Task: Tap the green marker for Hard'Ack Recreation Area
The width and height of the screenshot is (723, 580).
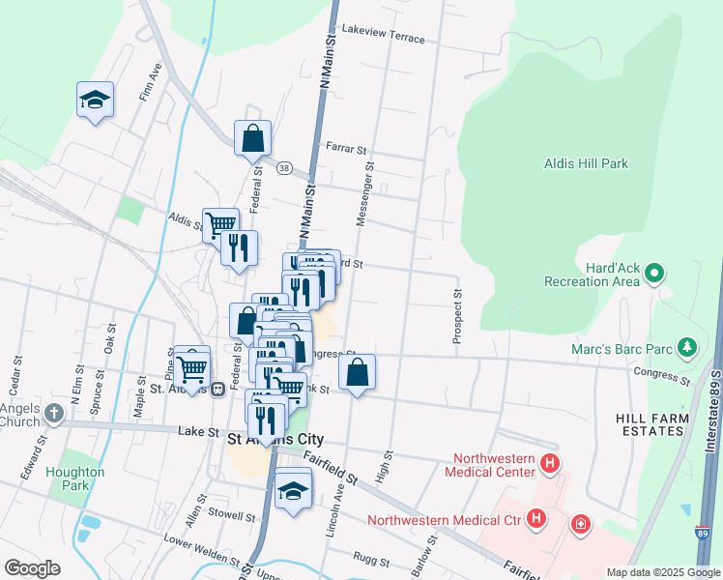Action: pos(654,274)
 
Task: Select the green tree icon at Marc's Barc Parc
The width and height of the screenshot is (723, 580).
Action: pos(686,345)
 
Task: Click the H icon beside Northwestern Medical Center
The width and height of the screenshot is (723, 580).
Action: pos(550,464)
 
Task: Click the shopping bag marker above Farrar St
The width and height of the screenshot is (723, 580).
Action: pos(252,137)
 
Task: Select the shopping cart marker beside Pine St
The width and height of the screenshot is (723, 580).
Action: pos(192,367)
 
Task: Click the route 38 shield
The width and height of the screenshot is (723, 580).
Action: pos(283,167)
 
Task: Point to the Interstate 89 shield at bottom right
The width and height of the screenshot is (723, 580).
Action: pos(701,532)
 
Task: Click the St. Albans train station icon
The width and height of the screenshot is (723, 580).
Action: pos(218,389)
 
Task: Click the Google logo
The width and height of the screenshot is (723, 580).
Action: pos(33,567)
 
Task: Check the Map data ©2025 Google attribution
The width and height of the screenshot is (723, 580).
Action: pos(661,572)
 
